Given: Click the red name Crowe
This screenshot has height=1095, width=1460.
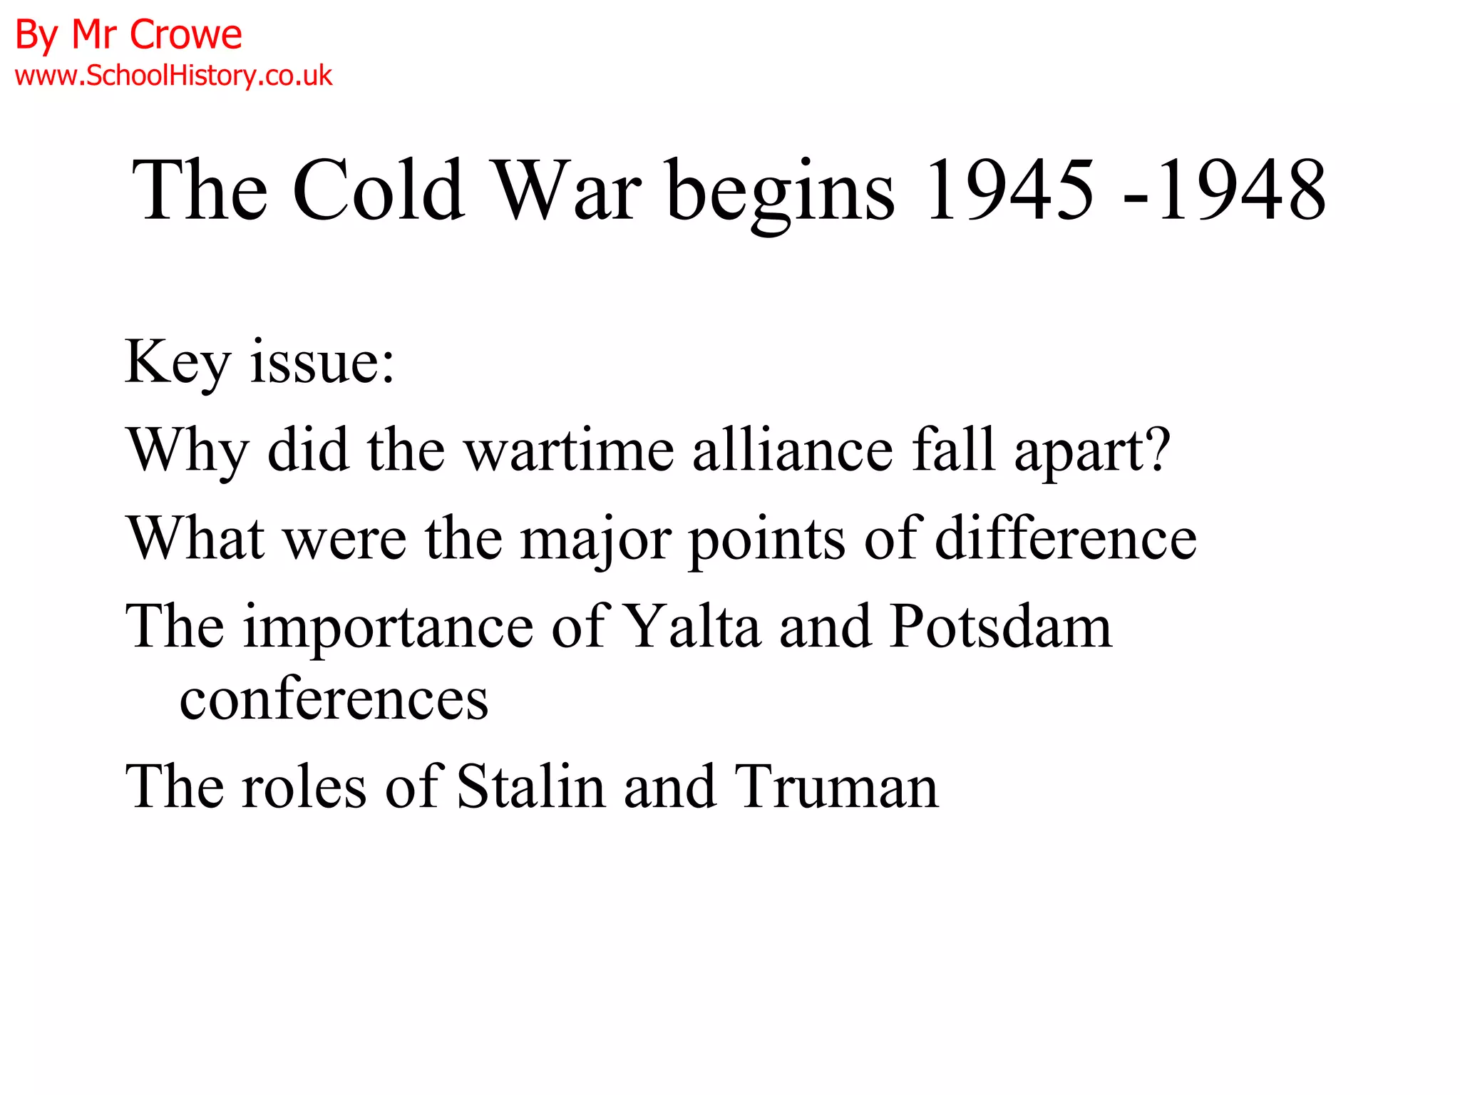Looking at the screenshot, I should tap(186, 34).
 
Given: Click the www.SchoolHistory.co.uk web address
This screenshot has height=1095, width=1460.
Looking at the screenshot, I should tap(173, 76).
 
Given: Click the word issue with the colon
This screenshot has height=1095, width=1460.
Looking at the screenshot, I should tap(322, 362).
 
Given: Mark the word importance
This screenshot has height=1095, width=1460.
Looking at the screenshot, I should tap(389, 627).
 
